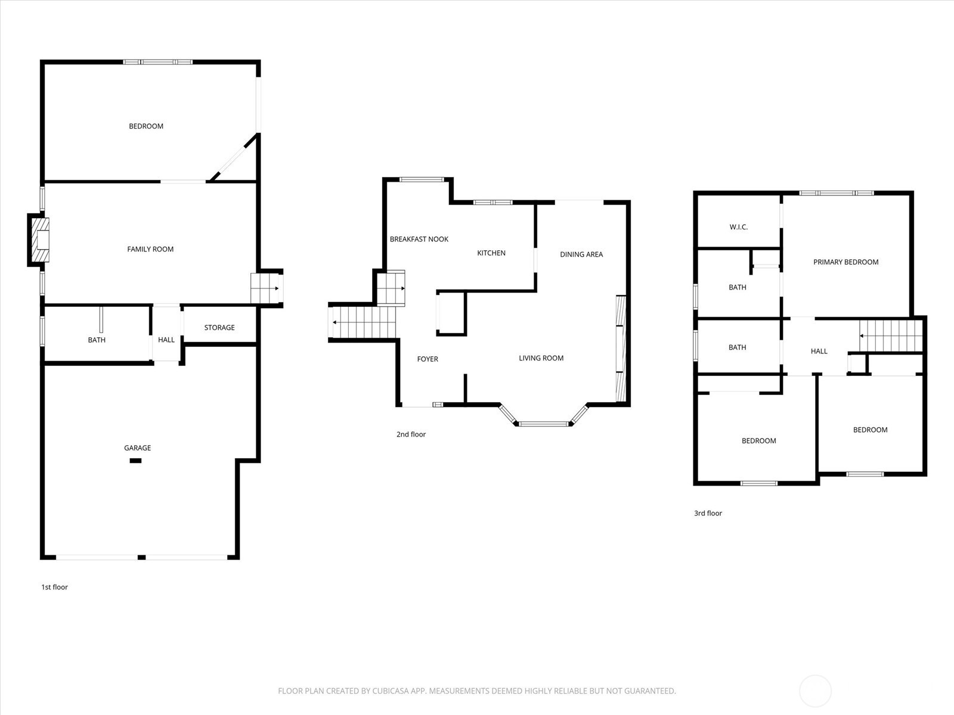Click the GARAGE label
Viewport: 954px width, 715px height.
[137, 448]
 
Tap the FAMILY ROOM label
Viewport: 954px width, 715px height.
[150, 249]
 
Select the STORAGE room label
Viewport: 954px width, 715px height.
[219, 328]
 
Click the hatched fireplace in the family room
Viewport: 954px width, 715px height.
[41, 240]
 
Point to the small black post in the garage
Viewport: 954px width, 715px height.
[135, 461]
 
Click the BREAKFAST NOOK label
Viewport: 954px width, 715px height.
[419, 239]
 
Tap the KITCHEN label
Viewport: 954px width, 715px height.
[491, 253]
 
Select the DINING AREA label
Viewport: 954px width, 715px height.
[581, 254]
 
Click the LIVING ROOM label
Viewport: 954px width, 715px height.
[541, 358]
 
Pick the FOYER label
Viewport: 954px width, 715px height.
[428, 359]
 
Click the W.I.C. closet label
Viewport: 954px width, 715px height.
[738, 227]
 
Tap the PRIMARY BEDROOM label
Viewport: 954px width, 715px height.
[845, 262]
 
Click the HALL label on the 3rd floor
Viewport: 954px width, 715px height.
[819, 352]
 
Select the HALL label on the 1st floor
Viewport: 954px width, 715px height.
[166, 340]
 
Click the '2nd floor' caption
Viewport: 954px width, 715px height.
[411, 434]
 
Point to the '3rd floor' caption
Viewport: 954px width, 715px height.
[708, 513]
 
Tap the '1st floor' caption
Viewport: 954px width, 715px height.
[54, 587]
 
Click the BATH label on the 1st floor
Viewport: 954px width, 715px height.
[97, 340]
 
